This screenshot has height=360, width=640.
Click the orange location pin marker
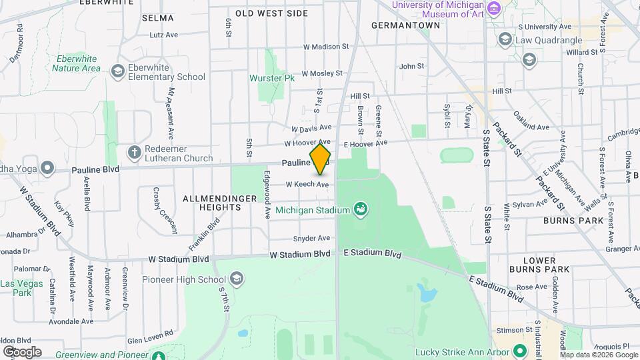(321, 158)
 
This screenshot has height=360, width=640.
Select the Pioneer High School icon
(236, 279)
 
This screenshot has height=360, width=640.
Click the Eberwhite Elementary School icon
(118, 71)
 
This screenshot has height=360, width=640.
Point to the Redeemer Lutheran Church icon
(135, 152)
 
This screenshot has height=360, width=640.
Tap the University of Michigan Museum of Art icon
(493, 9)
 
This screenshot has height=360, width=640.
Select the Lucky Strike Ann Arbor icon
(519, 352)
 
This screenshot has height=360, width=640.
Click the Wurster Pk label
(272, 78)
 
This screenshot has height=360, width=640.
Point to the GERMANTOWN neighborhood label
(405, 25)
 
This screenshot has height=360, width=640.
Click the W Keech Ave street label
(307, 184)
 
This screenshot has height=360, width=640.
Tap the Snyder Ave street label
(311, 238)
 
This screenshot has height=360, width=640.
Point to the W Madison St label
(326, 47)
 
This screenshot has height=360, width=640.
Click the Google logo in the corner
(22, 351)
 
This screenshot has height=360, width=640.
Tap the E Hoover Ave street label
(365, 143)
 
